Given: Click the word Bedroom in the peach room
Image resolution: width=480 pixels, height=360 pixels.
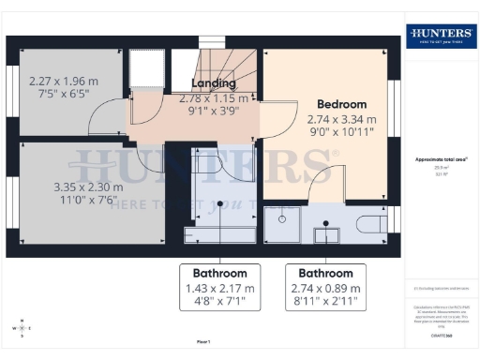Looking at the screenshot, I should pos(341,104).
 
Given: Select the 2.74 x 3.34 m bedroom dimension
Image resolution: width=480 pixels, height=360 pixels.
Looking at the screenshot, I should pos(341,120).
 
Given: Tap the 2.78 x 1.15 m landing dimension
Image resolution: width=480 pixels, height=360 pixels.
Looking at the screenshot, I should pos(215,97).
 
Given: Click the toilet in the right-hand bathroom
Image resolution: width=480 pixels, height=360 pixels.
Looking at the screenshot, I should pos(370,223).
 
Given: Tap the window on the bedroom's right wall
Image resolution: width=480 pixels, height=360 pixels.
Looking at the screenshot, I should pos(395,104).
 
